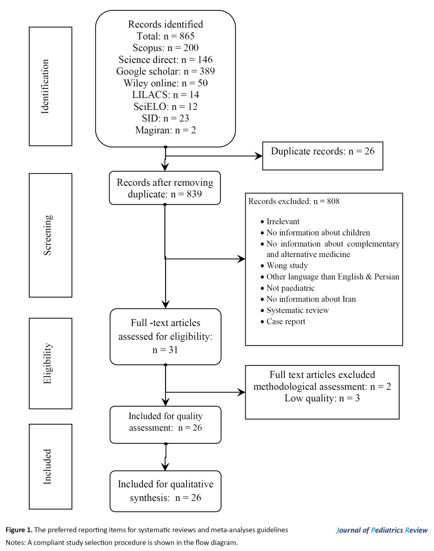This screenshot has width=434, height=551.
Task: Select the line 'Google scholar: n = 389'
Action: click(x=166, y=71)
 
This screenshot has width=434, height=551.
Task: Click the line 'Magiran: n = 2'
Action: click(x=166, y=130)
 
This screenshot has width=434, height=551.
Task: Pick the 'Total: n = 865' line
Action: click(x=166, y=36)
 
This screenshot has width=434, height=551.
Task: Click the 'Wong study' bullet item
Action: click(x=284, y=266)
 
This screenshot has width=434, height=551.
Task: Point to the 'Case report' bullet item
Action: click(x=283, y=322)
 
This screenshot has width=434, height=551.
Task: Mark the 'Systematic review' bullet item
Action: click(x=295, y=310)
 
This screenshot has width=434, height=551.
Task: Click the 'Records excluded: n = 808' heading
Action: click(x=294, y=201)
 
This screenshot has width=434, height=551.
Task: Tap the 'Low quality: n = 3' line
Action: click(x=322, y=398)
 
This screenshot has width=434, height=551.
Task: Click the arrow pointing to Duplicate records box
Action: click(x=214, y=156)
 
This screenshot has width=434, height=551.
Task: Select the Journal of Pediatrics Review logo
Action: click(x=382, y=530)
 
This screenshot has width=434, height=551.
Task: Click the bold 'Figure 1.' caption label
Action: click(x=19, y=530)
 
